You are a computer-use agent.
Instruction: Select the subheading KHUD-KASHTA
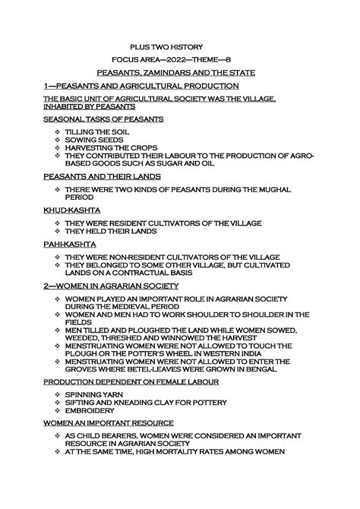(69, 209)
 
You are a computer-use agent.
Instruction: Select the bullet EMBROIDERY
(90, 410)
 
